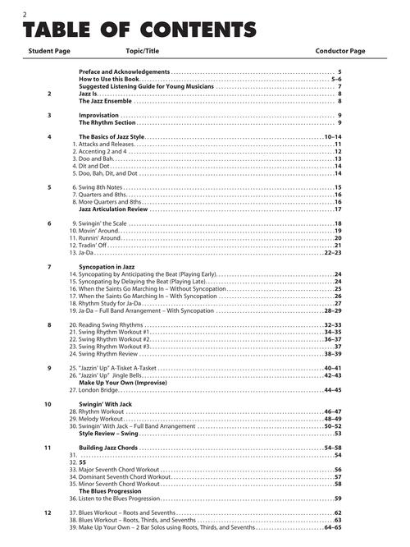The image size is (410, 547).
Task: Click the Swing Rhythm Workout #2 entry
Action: pyautogui.click(x=114, y=338)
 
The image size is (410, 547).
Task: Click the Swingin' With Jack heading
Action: pyautogui.click(x=106, y=404)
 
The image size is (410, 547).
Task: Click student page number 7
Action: pyautogui.click(x=49, y=267)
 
